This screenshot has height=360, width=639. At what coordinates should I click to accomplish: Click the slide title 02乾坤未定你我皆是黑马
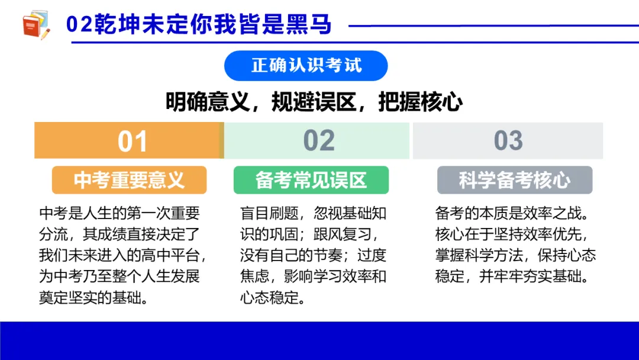tap(199, 25)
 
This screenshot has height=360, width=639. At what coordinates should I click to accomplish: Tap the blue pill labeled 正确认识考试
tap(306, 65)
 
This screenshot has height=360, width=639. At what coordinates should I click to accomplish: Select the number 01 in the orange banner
tap(132, 141)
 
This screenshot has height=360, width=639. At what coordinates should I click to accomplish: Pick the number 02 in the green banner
tap(319, 141)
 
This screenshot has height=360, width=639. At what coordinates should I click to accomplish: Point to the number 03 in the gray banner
tap(508, 141)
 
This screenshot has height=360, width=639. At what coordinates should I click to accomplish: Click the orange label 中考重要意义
tap(129, 180)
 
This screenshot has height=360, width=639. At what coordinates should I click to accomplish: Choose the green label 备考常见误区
tap(311, 180)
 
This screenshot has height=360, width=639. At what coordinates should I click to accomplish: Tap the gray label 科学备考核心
tap(515, 180)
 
